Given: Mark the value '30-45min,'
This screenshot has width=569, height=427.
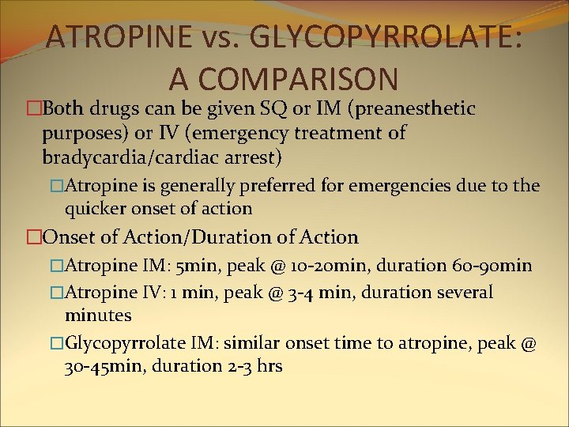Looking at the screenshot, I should click(104, 366).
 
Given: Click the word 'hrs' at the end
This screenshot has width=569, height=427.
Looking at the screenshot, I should click(268, 366).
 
